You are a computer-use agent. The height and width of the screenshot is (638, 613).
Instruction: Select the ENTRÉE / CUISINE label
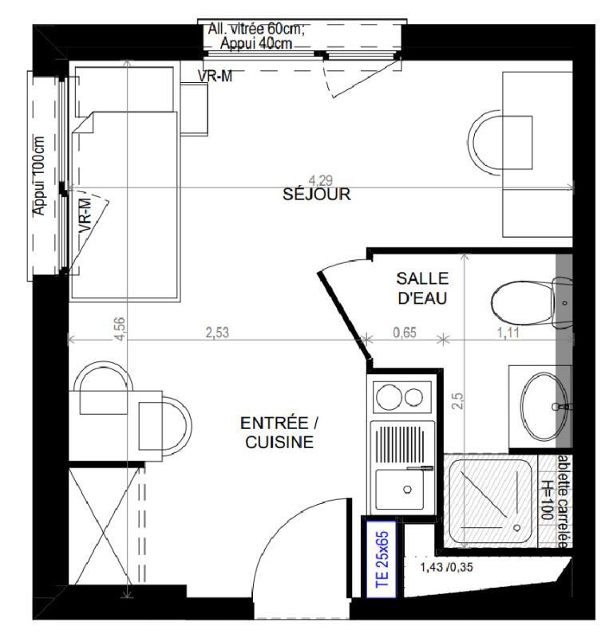(279, 431)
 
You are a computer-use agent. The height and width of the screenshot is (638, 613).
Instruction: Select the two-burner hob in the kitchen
(401, 397)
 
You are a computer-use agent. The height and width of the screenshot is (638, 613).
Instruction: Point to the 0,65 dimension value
(404, 333)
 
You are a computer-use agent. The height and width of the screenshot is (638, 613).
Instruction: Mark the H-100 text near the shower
(548, 501)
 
